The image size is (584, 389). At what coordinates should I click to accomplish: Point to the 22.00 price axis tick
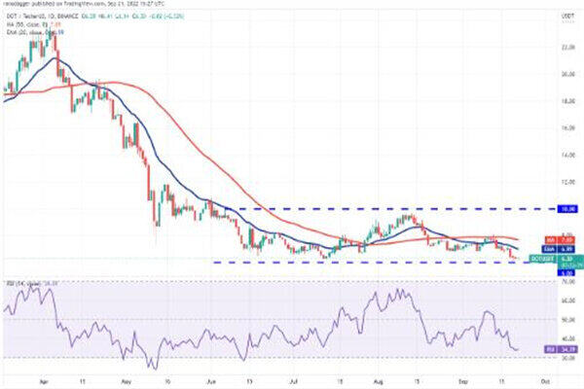(x=538, y=46)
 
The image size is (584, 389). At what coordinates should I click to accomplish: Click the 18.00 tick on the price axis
(x=538, y=100)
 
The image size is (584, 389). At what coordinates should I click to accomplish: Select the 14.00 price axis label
(x=538, y=154)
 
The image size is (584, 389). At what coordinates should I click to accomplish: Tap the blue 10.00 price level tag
(x=537, y=208)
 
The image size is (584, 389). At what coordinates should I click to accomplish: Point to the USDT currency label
(x=538, y=15)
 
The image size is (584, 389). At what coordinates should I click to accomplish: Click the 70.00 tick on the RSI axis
(x=538, y=283)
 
